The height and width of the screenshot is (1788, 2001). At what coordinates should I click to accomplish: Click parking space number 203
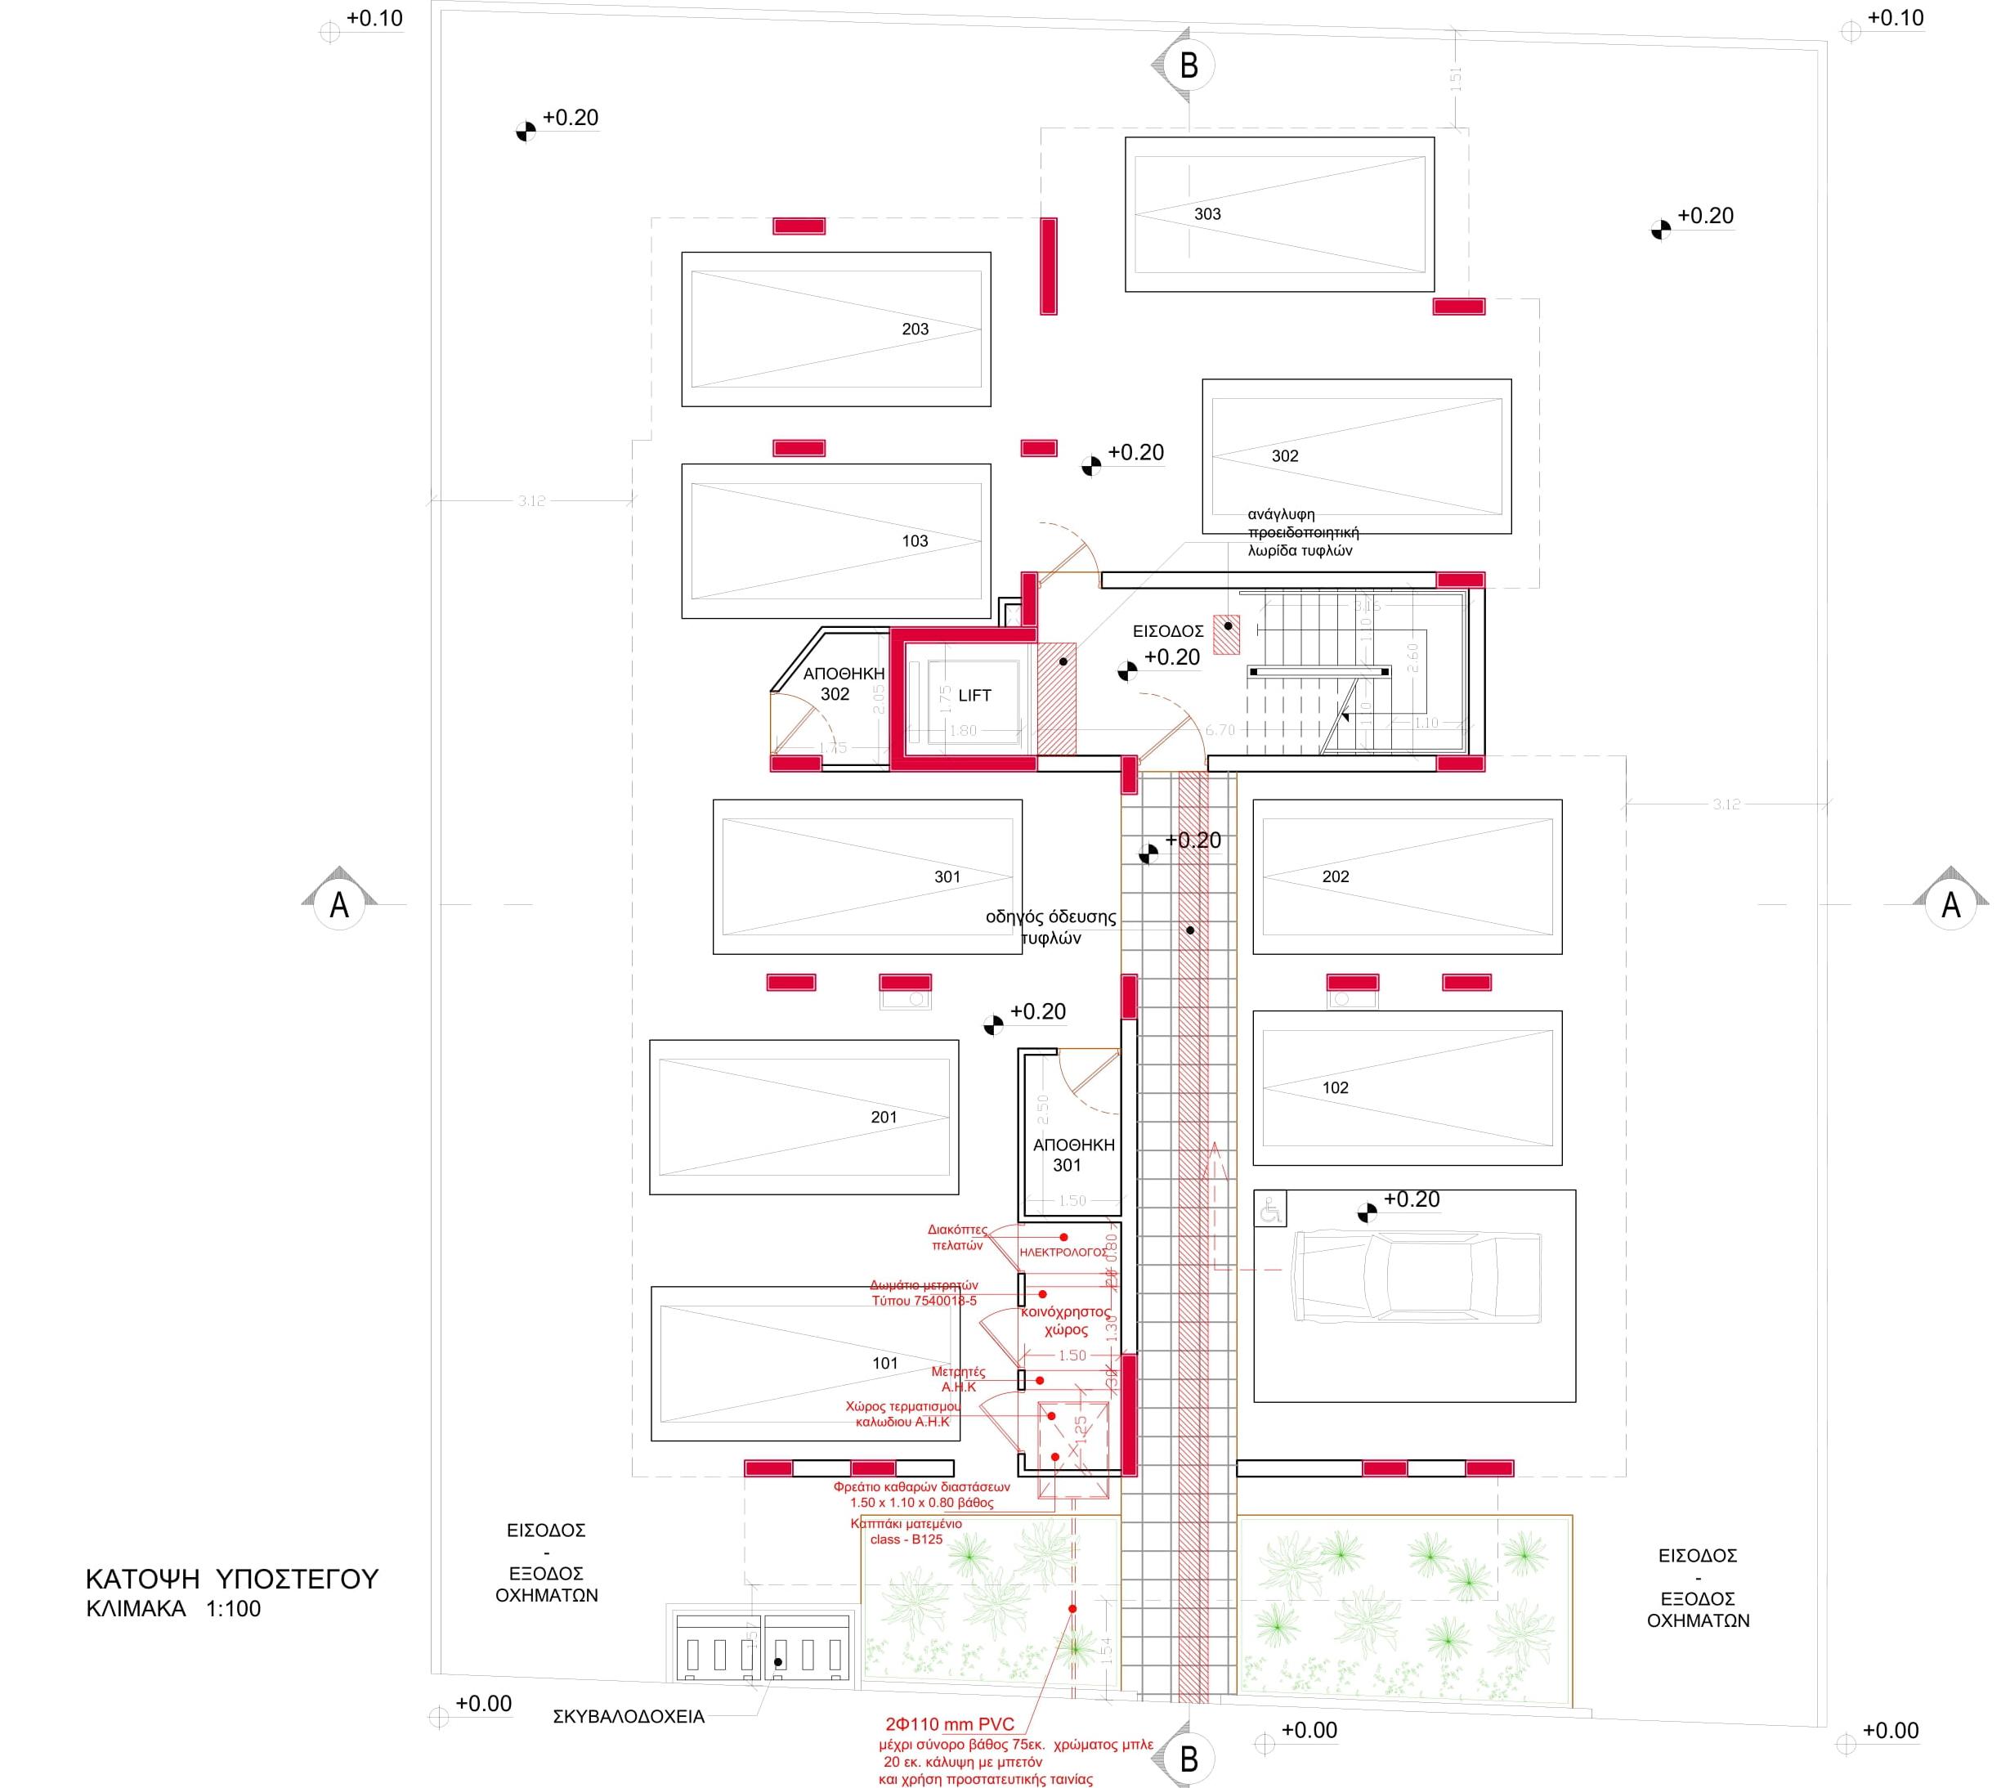914,329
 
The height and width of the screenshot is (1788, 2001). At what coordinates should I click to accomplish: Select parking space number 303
1206,214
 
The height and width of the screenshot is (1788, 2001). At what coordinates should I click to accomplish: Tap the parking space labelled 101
884,1364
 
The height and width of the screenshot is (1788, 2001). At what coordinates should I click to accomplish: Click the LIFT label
974,696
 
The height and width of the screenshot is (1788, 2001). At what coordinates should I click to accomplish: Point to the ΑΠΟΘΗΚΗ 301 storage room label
1072,1155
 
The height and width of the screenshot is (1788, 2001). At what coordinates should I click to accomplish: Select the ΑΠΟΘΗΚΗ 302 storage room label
843,683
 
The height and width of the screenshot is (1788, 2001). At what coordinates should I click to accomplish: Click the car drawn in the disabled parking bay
1415,1276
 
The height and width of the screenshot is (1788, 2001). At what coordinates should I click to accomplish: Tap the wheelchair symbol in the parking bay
1270,1210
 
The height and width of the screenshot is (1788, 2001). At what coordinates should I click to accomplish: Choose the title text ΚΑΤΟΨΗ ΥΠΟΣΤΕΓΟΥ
232,1579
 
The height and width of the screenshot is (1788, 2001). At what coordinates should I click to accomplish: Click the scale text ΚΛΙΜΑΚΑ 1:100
174,1609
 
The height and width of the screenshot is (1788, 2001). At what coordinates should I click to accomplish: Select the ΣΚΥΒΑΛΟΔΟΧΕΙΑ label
628,1717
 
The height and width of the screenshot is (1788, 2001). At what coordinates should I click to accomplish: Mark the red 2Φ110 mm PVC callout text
949,1724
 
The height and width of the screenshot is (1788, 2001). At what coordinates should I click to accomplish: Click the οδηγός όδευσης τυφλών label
1050,927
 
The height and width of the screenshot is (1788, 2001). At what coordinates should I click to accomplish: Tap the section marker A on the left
339,904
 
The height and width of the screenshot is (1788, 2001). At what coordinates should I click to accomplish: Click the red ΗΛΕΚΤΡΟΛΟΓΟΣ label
1062,1252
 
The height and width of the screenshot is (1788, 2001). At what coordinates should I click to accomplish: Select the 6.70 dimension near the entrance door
1219,730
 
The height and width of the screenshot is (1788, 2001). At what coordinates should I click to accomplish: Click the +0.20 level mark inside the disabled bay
1411,1199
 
